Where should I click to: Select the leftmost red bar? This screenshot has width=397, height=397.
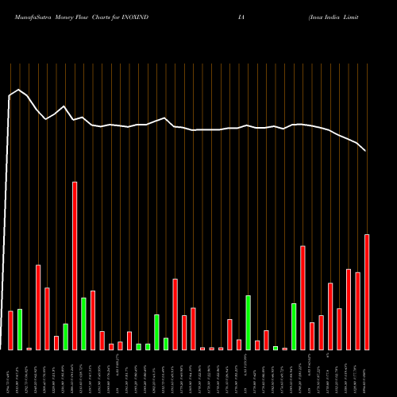11,330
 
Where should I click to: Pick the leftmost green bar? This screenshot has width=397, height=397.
20,329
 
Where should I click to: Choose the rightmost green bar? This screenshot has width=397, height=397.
294,326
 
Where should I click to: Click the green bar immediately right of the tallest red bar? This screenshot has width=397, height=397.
83,323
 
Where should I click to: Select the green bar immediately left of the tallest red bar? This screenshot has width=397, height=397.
65,337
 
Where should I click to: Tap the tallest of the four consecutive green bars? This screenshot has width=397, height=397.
156,332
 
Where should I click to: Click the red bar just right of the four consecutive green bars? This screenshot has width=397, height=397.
175,314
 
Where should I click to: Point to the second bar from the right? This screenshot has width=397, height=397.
357,310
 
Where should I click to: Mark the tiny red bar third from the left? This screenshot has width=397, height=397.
29,349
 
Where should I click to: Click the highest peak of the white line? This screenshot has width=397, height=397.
19,90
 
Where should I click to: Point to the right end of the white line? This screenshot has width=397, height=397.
366,151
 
